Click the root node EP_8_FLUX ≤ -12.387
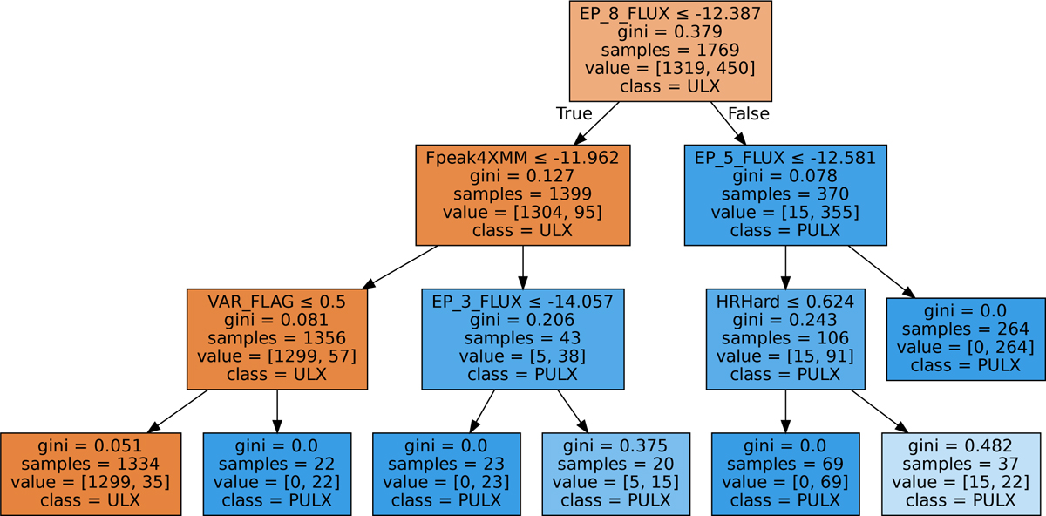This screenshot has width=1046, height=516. (x=670, y=51)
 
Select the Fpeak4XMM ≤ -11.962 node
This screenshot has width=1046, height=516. (x=522, y=194)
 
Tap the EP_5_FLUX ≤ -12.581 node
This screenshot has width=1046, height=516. (x=785, y=194)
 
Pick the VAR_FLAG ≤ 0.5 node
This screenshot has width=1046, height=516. (x=276, y=338)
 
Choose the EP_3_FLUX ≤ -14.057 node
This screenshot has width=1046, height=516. (x=522, y=338)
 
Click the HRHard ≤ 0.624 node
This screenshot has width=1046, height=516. (x=785, y=338)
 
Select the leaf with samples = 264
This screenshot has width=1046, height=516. (x=966, y=338)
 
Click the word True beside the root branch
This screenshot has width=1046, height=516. (x=574, y=114)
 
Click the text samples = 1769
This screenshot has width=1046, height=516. (x=670, y=51)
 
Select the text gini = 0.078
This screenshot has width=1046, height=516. (x=785, y=176)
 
